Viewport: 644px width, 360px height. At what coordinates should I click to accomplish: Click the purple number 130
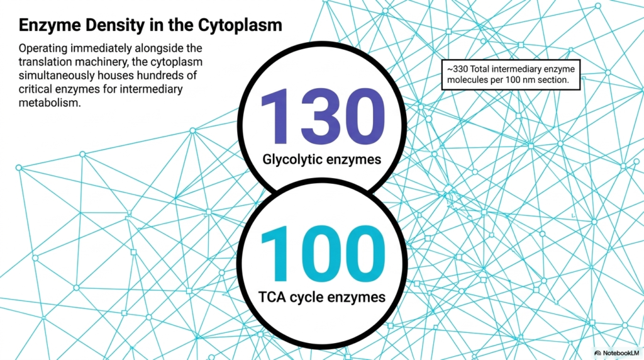pos(323,116)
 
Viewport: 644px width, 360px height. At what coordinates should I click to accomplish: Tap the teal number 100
pos(323,254)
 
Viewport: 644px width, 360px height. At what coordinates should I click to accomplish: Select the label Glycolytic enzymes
pos(321,159)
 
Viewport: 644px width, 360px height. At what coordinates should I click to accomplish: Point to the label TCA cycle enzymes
pos(322,296)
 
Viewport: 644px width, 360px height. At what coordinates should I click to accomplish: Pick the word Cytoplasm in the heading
pos(240,25)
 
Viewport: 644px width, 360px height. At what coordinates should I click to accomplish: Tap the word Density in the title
pos(115,25)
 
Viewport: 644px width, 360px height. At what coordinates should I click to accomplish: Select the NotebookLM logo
pos(616,352)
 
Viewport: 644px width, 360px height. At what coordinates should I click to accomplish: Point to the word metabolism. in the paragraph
pos(50,103)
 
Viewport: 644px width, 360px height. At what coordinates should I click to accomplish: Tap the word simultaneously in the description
pos(55,76)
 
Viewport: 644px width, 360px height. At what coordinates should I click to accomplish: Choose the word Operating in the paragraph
pos(43,48)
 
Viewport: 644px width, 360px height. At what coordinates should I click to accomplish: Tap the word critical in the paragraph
pos(34,89)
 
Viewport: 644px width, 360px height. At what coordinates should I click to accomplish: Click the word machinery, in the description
pos(103,62)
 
